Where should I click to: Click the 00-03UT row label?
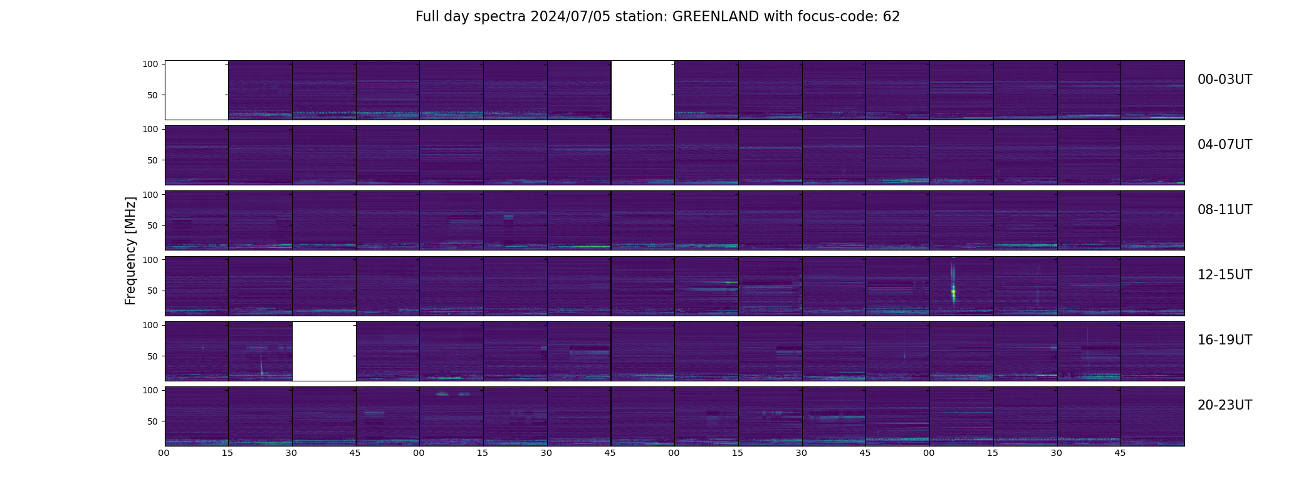[x=1225, y=80]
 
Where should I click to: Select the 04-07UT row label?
[x=1225, y=145]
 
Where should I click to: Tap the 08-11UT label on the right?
[x=1225, y=210]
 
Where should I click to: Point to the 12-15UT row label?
[x=1225, y=275]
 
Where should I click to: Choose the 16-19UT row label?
[x=1225, y=340]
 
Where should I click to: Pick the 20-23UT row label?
[x=1225, y=405]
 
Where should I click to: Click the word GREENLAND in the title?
[x=715, y=17]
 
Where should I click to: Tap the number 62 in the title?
[x=891, y=17]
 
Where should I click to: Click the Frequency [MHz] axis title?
[x=130, y=250]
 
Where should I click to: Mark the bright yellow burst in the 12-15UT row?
[x=953, y=291]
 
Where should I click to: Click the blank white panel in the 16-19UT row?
[x=324, y=351]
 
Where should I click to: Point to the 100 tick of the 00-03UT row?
[x=150, y=64]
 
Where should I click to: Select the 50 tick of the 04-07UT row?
[x=152, y=160]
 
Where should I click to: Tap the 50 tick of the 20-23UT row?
[x=152, y=421]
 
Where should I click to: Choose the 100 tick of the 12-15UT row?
[x=150, y=259]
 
